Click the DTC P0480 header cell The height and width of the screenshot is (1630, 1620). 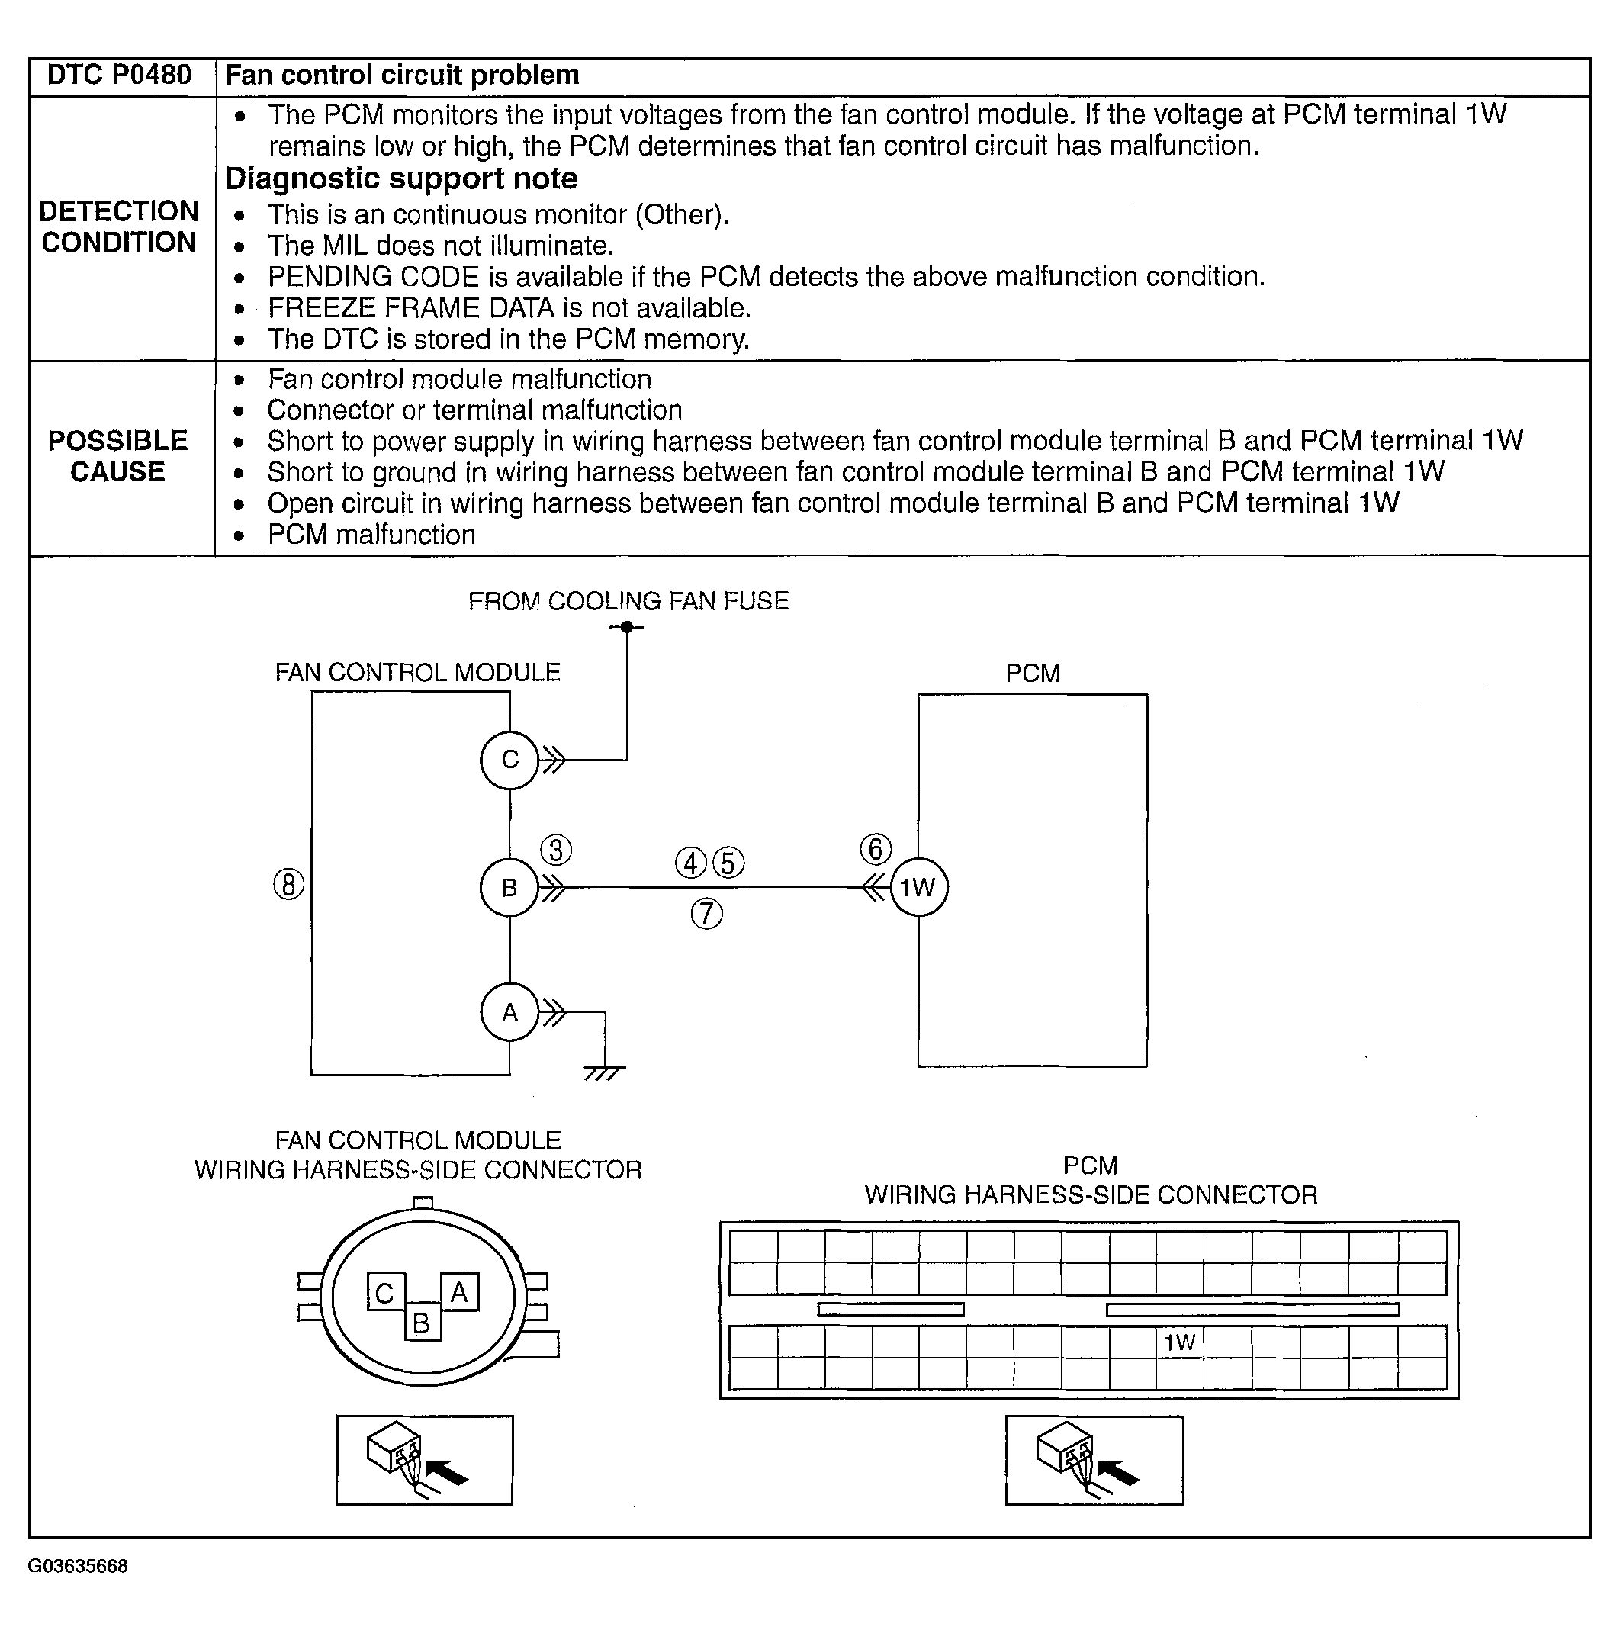(119, 76)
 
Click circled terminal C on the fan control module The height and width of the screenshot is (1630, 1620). (509, 760)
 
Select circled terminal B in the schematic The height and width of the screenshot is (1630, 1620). (509, 888)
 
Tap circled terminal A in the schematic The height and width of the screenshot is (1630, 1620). (509, 1012)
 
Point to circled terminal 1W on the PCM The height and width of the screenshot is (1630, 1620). (918, 888)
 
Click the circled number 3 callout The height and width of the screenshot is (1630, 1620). (556, 850)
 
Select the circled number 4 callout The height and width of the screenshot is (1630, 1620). (691, 863)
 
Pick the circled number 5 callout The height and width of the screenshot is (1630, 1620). (729, 863)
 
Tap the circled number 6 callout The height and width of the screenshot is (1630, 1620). (876, 850)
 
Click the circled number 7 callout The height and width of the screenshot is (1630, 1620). (707, 914)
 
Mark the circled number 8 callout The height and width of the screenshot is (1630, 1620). (288, 885)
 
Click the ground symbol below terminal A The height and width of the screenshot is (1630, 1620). (604, 1072)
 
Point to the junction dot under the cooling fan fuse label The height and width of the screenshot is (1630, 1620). (627, 627)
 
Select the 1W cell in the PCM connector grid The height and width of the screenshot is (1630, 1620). (1180, 1342)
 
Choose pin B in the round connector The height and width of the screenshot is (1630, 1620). (422, 1323)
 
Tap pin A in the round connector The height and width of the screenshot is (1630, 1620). (460, 1291)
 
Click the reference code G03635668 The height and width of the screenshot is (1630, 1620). (78, 1567)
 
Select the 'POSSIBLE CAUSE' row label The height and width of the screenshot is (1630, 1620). (118, 455)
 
